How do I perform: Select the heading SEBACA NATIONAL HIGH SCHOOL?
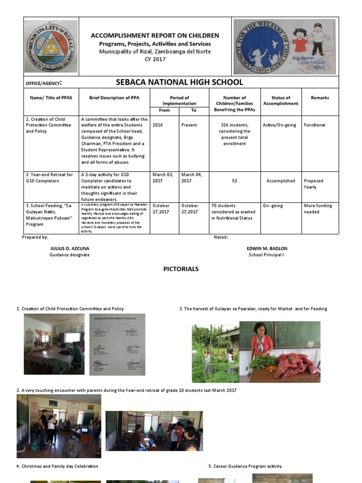[179, 83]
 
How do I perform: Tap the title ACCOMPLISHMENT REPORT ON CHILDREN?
[155, 36]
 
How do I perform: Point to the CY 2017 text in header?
[155, 59]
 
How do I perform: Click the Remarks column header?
[320, 98]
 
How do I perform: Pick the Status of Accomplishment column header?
[280, 100]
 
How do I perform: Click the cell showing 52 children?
[234, 181]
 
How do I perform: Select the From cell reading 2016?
[158, 125]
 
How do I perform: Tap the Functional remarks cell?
[314, 125]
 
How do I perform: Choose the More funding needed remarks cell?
[318, 209]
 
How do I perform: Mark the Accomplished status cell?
[280, 181]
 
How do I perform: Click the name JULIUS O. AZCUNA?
[69, 248]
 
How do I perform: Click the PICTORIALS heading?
[181, 269]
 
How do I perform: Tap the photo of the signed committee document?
[117, 344]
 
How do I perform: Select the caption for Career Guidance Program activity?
[245, 466]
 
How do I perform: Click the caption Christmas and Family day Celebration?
[58, 466]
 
